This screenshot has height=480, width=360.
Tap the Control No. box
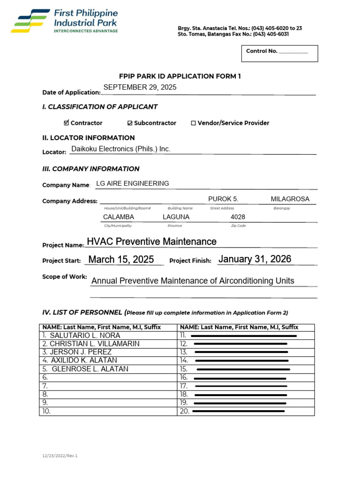pos(280,53)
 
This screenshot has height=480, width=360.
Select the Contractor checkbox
pos(66,123)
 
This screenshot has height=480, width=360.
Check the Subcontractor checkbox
pos(130,123)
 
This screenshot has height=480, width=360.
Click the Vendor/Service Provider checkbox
pos(193,123)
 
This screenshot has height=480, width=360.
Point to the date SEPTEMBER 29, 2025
pos(140,88)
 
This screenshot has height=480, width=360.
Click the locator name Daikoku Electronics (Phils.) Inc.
pos(120,149)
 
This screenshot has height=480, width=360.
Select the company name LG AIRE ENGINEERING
pos(132,183)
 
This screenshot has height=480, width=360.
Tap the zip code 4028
pos(238,217)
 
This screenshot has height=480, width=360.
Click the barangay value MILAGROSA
pos(290,199)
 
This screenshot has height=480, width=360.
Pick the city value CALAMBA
pos(118,217)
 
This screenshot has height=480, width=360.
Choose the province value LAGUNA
pos(176,217)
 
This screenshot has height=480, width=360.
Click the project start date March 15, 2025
pos(121,260)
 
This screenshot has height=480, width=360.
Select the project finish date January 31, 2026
pos(255,259)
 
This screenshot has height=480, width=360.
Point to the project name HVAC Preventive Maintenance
pos(151,241)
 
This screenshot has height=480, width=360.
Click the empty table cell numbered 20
pos(246,411)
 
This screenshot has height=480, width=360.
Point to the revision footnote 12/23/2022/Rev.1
pos(58,456)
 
